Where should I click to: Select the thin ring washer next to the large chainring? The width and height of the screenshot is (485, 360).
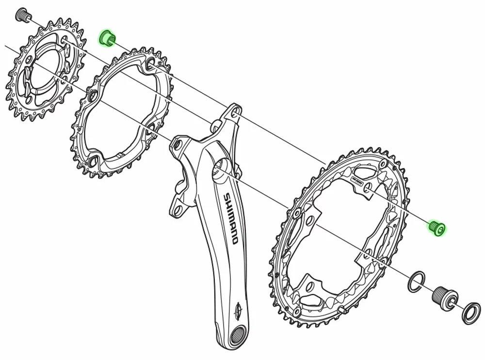pos(416,282)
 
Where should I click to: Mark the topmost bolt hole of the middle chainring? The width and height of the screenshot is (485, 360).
pos(149,62)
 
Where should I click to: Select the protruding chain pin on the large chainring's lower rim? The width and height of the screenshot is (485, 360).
pos(343,308)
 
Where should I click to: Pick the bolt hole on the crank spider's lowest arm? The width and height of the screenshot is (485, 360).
pos(178,210)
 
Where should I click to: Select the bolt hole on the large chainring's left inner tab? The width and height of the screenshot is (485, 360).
pos(297,213)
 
